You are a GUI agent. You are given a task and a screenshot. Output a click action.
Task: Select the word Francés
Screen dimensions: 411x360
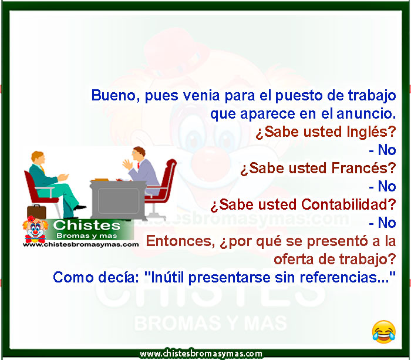(363, 168)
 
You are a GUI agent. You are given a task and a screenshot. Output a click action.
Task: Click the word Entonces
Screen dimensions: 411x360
(180, 241)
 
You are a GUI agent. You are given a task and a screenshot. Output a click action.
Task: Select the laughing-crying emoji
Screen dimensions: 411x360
(384, 332)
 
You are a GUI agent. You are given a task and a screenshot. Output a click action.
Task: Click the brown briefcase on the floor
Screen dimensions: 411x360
(36, 211)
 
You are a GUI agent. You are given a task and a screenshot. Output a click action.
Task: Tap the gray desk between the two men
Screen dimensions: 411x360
(118, 200)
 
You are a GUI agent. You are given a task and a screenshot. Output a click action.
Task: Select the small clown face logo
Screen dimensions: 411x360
(35, 230)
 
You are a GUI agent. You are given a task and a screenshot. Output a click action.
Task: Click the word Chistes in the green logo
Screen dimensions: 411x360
(87, 226)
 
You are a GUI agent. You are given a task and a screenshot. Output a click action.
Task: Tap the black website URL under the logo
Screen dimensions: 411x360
(81, 244)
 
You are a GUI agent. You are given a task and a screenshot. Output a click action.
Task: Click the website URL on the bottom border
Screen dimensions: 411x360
(201, 354)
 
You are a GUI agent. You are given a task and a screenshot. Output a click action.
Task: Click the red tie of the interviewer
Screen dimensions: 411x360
(138, 166)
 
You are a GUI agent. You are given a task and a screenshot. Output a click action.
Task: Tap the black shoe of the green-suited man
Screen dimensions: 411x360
(80, 207)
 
